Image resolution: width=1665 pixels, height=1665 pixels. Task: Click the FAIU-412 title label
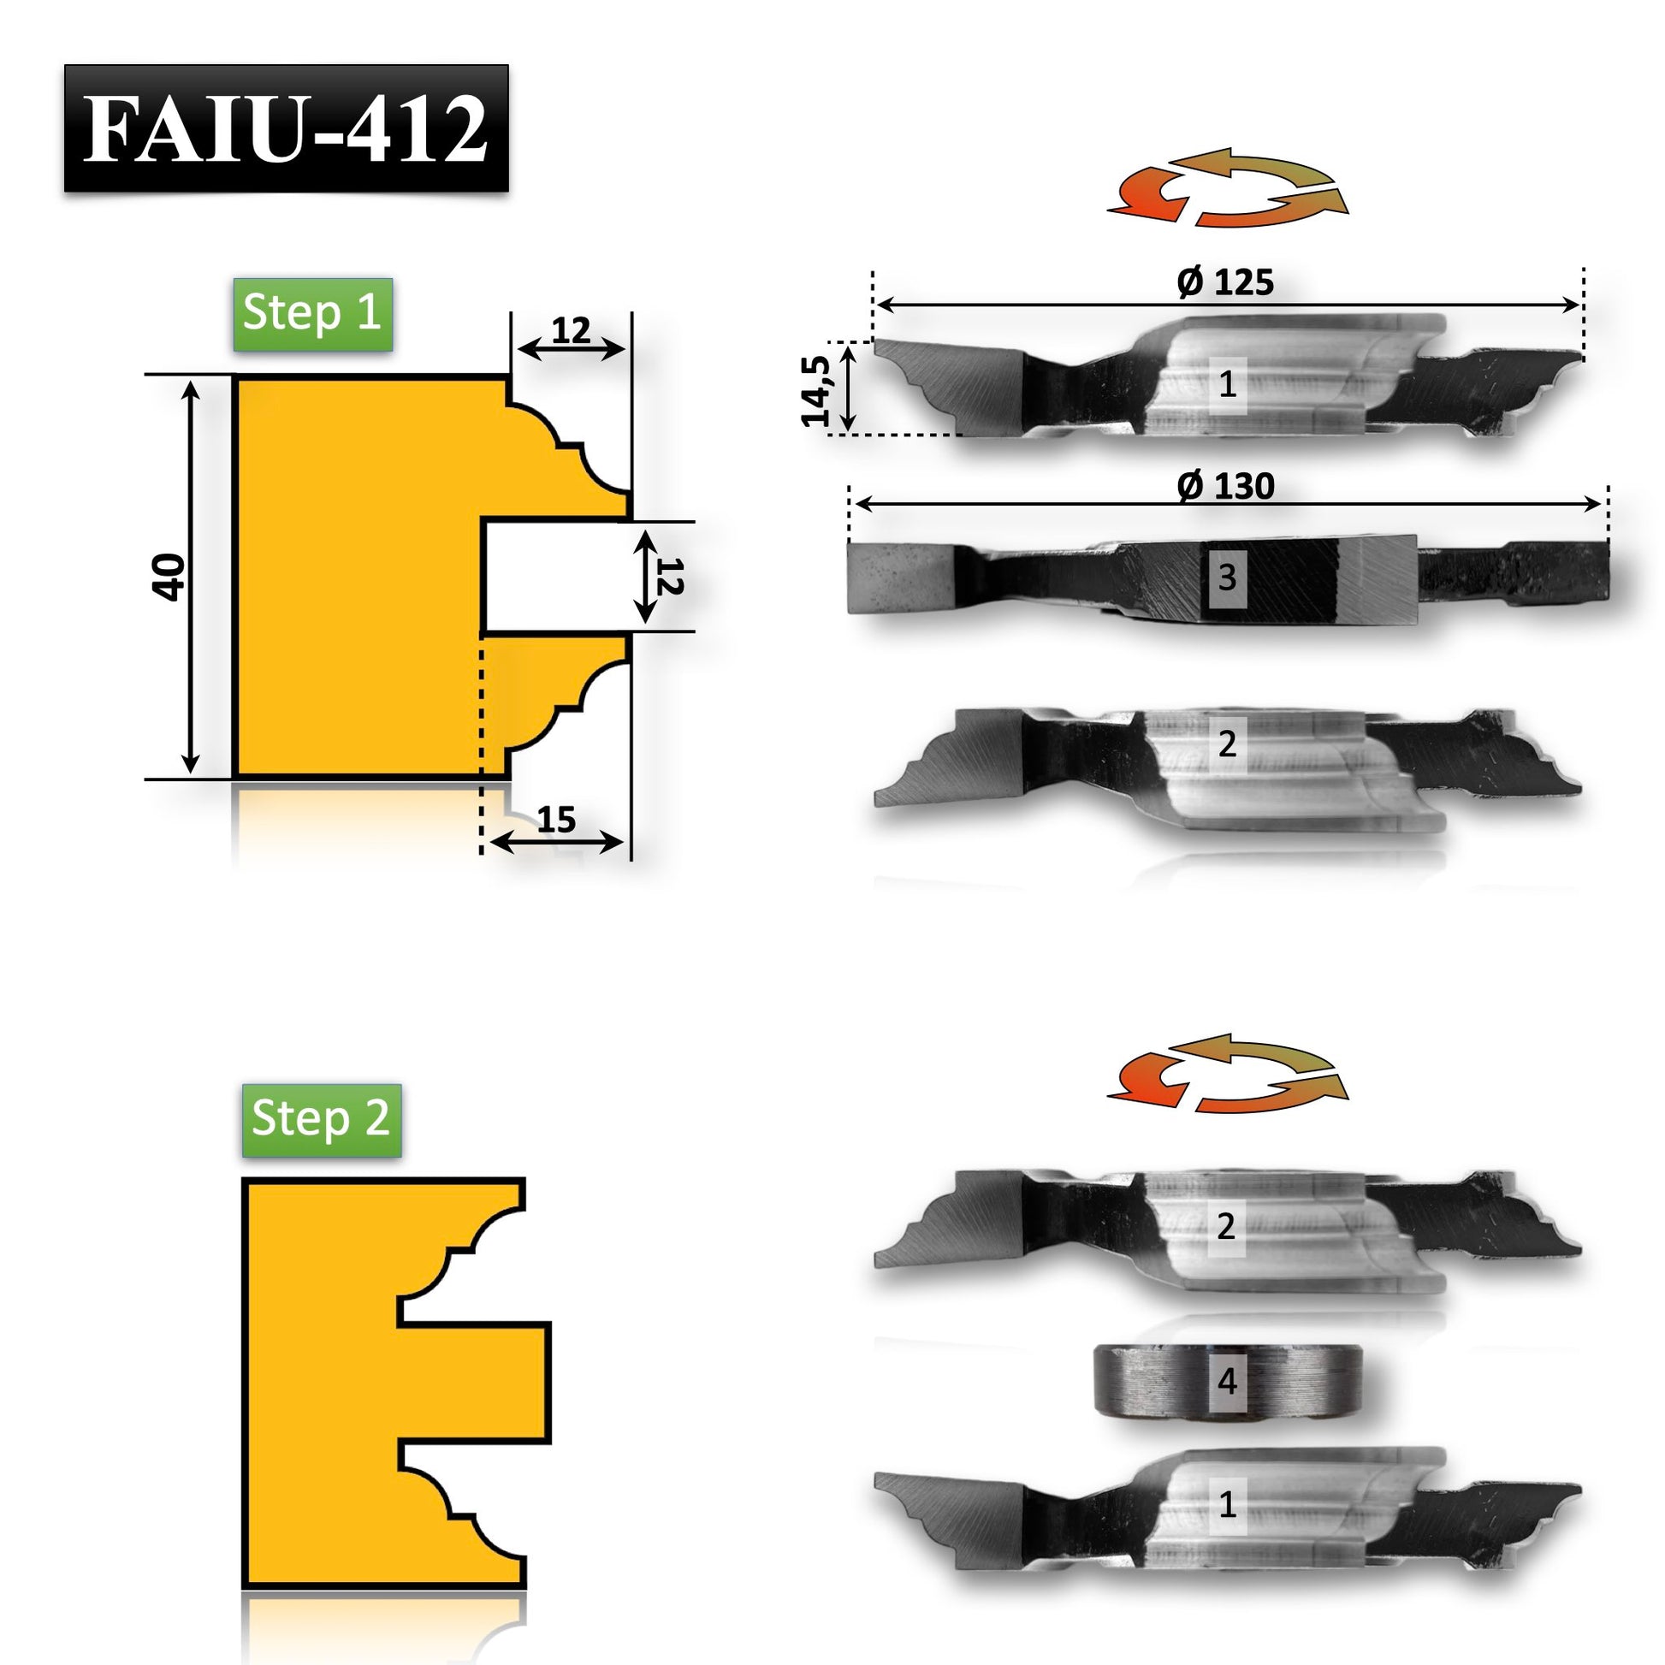286,128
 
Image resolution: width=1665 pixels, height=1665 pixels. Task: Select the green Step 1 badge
313,314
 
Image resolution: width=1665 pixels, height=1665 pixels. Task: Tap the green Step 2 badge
322,1119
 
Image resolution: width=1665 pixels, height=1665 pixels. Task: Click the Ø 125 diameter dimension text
1224,282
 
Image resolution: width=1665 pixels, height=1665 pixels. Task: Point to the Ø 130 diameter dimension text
1224,487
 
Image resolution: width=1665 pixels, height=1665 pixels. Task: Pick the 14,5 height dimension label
816,390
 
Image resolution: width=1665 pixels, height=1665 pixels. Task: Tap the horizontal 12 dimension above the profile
572,330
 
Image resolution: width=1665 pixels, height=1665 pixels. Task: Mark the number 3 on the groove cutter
1227,577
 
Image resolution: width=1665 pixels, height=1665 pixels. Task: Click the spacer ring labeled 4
1227,1405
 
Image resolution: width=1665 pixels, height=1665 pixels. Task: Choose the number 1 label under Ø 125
1227,384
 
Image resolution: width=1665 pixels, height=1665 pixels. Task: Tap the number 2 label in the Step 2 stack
1225,1225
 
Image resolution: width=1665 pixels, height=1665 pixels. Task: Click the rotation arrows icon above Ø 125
1227,187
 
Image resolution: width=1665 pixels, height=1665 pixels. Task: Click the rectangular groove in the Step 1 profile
556,577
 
